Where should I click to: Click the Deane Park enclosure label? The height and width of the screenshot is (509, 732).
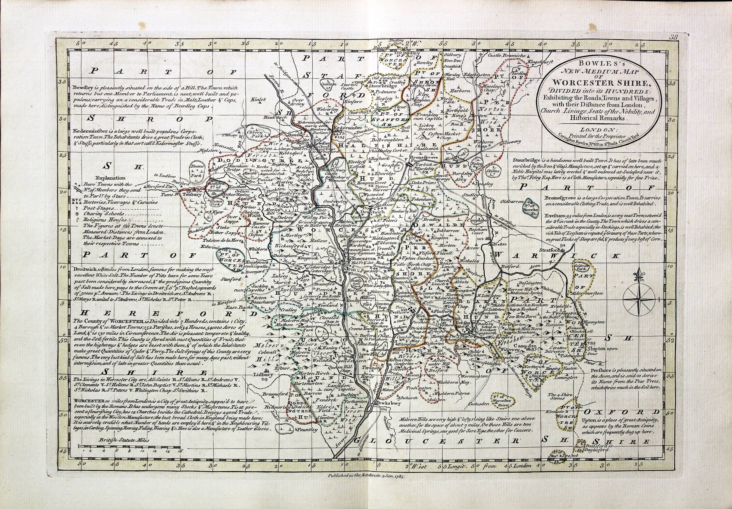pos(196,170)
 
